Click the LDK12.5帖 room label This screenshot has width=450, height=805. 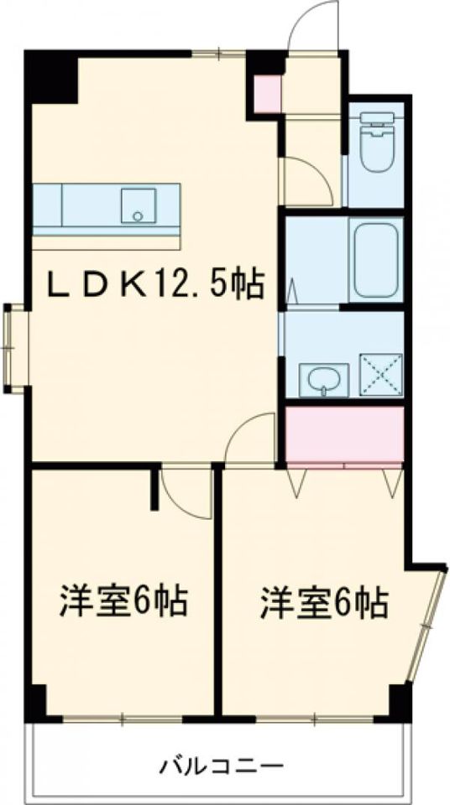(x=156, y=285)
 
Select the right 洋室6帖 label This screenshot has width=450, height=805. (x=323, y=602)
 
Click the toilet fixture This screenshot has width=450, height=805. (x=381, y=142)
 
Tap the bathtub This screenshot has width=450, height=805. (x=376, y=260)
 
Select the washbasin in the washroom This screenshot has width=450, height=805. (x=323, y=381)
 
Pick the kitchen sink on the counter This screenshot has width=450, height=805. (x=139, y=206)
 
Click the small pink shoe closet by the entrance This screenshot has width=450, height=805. (x=268, y=93)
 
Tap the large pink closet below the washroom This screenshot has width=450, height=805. (x=344, y=434)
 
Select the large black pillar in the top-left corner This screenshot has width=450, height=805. (x=50, y=76)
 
